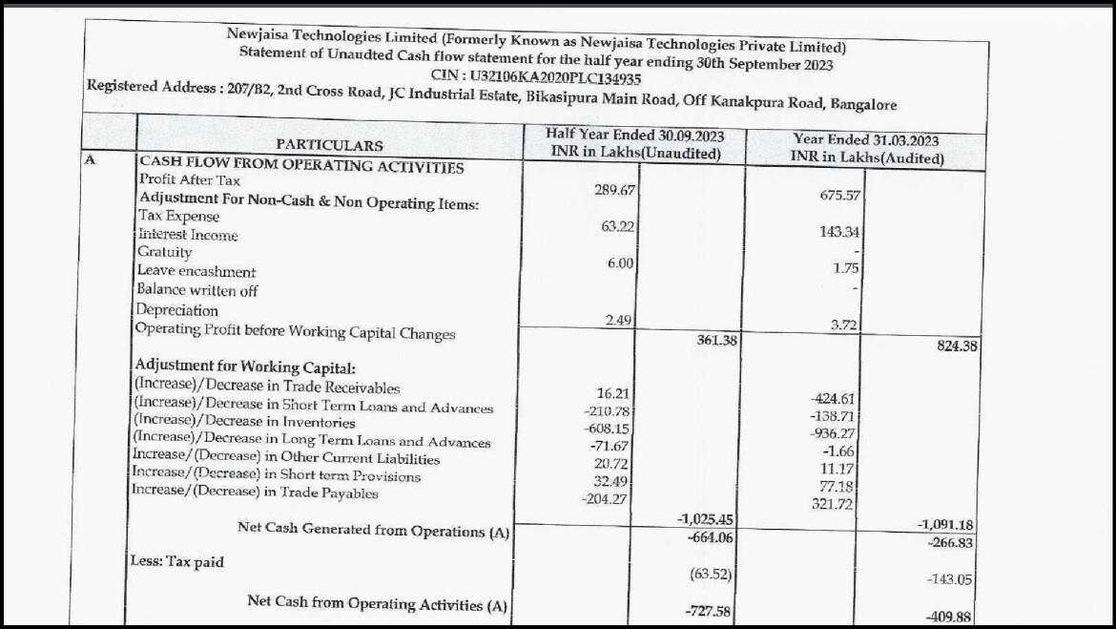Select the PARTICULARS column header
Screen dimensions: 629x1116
(329, 145)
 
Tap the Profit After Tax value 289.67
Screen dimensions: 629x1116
(614, 190)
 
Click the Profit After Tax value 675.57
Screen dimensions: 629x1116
(840, 196)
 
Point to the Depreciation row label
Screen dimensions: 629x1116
(176, 310)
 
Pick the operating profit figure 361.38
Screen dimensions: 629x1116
(711, 340)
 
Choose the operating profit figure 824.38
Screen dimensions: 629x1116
(957, 346)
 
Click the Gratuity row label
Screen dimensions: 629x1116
(165, 252)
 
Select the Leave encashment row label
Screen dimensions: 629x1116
(196, 271)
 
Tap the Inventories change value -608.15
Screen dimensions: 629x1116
(610, 429)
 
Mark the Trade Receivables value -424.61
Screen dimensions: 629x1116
(836, 399)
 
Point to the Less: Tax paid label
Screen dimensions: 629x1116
(177, 561)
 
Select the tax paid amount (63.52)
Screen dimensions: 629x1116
(711, 574)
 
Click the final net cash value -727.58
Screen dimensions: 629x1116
(710, 611)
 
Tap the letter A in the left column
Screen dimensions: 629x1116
(90, 160)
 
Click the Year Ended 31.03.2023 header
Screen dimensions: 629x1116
(866, 148)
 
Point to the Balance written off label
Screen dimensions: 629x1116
(197, 290)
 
